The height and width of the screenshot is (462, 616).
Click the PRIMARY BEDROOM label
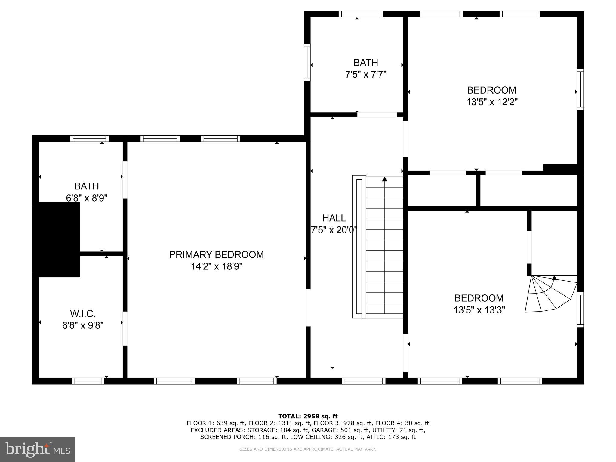(216, 254)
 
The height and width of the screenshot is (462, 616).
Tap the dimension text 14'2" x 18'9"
(216, 266)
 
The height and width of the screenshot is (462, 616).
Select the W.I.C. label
(83, 314)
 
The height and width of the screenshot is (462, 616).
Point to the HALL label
(334, 218)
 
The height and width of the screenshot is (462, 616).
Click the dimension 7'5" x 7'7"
(365, 74)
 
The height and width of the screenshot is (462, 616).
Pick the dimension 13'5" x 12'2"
(491, 102)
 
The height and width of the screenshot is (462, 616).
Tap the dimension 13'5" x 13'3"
(479, 310)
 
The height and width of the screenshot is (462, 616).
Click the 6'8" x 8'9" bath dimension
(87, 198)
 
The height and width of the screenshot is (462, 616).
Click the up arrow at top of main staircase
(384, 180)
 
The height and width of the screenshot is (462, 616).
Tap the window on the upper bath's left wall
(307, 62)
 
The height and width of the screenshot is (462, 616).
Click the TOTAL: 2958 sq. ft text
(308, 416)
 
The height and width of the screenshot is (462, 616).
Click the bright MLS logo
(37, 449)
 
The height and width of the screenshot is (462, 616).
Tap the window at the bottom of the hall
(363, 381)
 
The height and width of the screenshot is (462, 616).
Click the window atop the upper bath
(361, 14)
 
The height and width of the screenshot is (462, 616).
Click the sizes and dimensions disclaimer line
(308, 449)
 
